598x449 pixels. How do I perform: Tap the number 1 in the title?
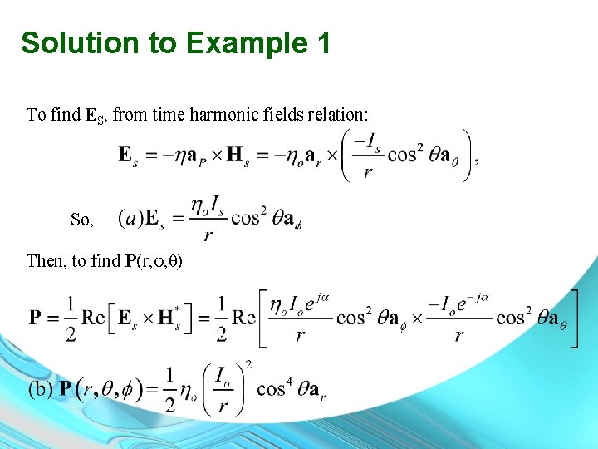pyautogui.click(x=321, y=42)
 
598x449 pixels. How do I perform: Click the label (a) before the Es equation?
pyautogui.click(x=130, y=218)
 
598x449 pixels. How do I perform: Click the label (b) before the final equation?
pyautogui.click(x=42, y=388)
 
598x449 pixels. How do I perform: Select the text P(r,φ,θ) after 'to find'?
pyautogui.click(x=154, y=261)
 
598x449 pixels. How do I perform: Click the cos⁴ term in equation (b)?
pyautogui.click(x=272, y=389)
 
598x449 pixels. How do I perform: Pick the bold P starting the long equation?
pyautogui.click(x=36, y=317)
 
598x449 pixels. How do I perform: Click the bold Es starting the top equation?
pyautogui.click(x=129, y=155)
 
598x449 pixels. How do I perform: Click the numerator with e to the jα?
pyautogui.click(x=300, y=302)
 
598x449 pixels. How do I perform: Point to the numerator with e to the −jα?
pyautogui.click(x=458, y=302)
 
